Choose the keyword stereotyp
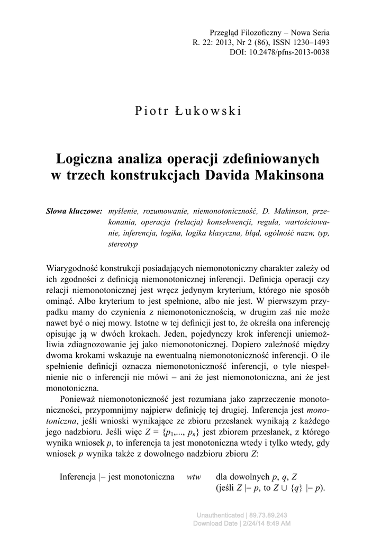[x=123, y=245]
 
